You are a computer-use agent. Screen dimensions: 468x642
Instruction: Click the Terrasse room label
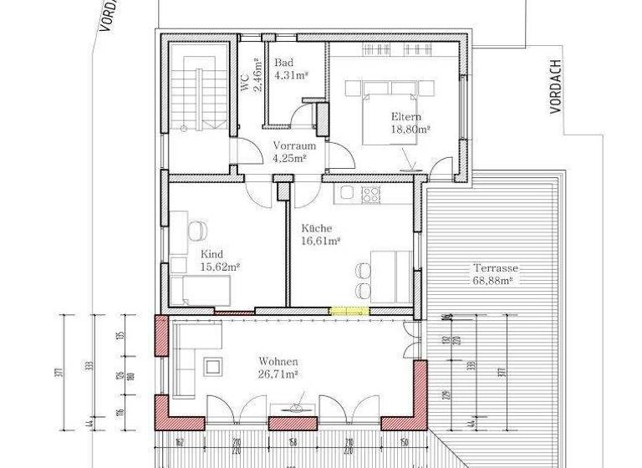click(496, 269)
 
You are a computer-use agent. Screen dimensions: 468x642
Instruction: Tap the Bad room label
click(285, 64)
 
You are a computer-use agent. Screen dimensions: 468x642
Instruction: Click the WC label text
click(245, 81)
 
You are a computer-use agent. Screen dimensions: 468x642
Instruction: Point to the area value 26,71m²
click(278, 376)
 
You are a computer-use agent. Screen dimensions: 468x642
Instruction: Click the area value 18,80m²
click(410, 130)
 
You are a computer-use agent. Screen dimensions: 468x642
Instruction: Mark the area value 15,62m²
click(220, 267)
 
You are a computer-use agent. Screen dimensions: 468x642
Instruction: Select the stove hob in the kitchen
click(369, 195)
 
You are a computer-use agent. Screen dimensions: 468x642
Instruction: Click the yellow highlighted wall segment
click(349, 311)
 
